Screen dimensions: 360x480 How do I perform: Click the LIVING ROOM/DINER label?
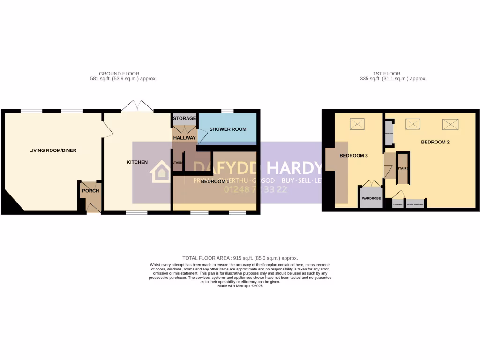coord(52,150)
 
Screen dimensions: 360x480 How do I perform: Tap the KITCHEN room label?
coord(137,162)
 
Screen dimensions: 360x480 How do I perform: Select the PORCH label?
coord(90,191)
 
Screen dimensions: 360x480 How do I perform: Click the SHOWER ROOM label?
coord(228,129)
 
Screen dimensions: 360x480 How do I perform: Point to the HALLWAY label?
coord(184,138)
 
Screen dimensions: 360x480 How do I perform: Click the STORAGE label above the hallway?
coord(184,119)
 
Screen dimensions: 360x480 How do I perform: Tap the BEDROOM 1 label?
coord(215,181)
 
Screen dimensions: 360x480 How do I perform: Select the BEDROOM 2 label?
coord(435,142)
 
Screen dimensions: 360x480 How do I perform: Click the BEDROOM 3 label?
coord(352,156)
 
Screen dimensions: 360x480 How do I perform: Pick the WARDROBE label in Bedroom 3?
coord(371,199)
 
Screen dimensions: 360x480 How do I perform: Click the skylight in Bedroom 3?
coord(357,124)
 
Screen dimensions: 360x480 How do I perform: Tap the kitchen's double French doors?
coord(137,106)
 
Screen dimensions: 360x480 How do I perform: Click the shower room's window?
coord(227,111)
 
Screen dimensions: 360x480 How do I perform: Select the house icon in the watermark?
coord(160,172)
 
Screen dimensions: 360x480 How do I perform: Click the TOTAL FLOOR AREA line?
coord(240,258)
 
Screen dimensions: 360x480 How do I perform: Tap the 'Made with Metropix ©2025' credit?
coord(240,286)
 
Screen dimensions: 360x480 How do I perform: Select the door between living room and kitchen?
coord(107,128)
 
